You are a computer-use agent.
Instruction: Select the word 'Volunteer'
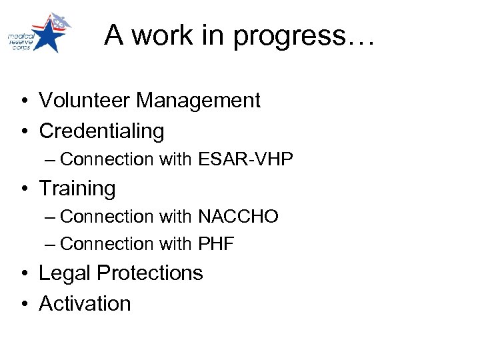click(x=85, y=101)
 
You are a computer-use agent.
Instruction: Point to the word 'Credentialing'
click(x=101, y=131)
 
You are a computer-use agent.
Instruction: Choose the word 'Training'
click(x=77, y=188)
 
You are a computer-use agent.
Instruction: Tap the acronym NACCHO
click(x=238, y=217)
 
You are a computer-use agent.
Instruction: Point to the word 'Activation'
click(x=85, y=303)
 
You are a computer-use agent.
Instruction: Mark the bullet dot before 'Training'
click(x=23, y=189)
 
